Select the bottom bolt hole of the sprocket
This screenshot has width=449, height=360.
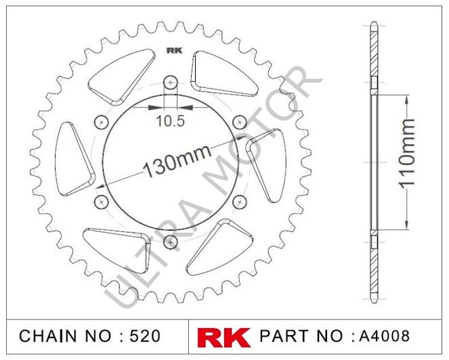pyautogui.click(x=171, y=241)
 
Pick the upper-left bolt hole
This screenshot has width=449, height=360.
pyautogui.click(x=102, y=122)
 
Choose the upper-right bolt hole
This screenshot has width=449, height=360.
pyautogui.click(x=240, y=121)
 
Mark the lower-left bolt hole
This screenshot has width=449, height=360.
pyautogui.click(x=102, y=201)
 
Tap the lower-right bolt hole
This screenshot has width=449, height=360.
pyautogui.click(x=240, y=201)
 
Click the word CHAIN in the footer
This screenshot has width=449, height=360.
pyautogui.click(x=45, y=336)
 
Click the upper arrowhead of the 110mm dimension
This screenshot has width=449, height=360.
pyautogui.click(x=406, y=99)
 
